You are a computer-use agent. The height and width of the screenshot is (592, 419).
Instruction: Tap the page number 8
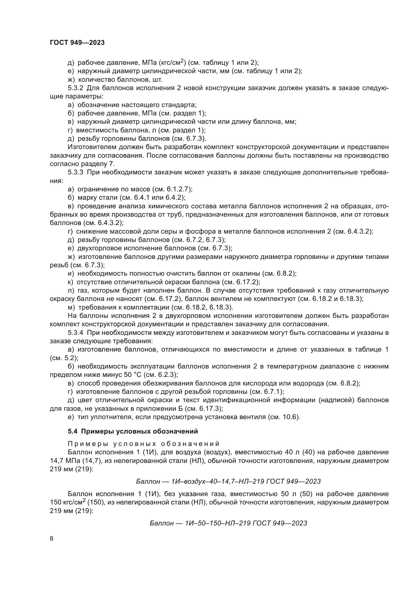coord(52,538)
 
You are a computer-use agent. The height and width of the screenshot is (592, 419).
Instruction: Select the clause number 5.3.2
coord(75,88)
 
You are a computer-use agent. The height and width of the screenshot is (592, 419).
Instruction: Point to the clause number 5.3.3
coord(75,172)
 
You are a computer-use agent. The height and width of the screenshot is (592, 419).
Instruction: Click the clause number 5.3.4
coord(75,333)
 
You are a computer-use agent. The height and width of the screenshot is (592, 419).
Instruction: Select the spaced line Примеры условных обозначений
coord(143,444)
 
